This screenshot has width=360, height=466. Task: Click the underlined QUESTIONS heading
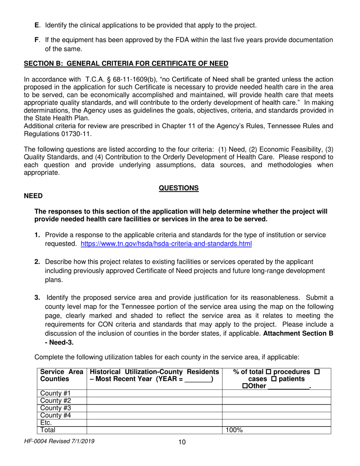click(x=178, y=188)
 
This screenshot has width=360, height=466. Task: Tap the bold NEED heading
click(x=33, y=195)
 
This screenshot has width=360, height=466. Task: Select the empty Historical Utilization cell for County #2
click(x=154, y=401)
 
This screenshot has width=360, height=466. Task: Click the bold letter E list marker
click(x=37, y=25)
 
